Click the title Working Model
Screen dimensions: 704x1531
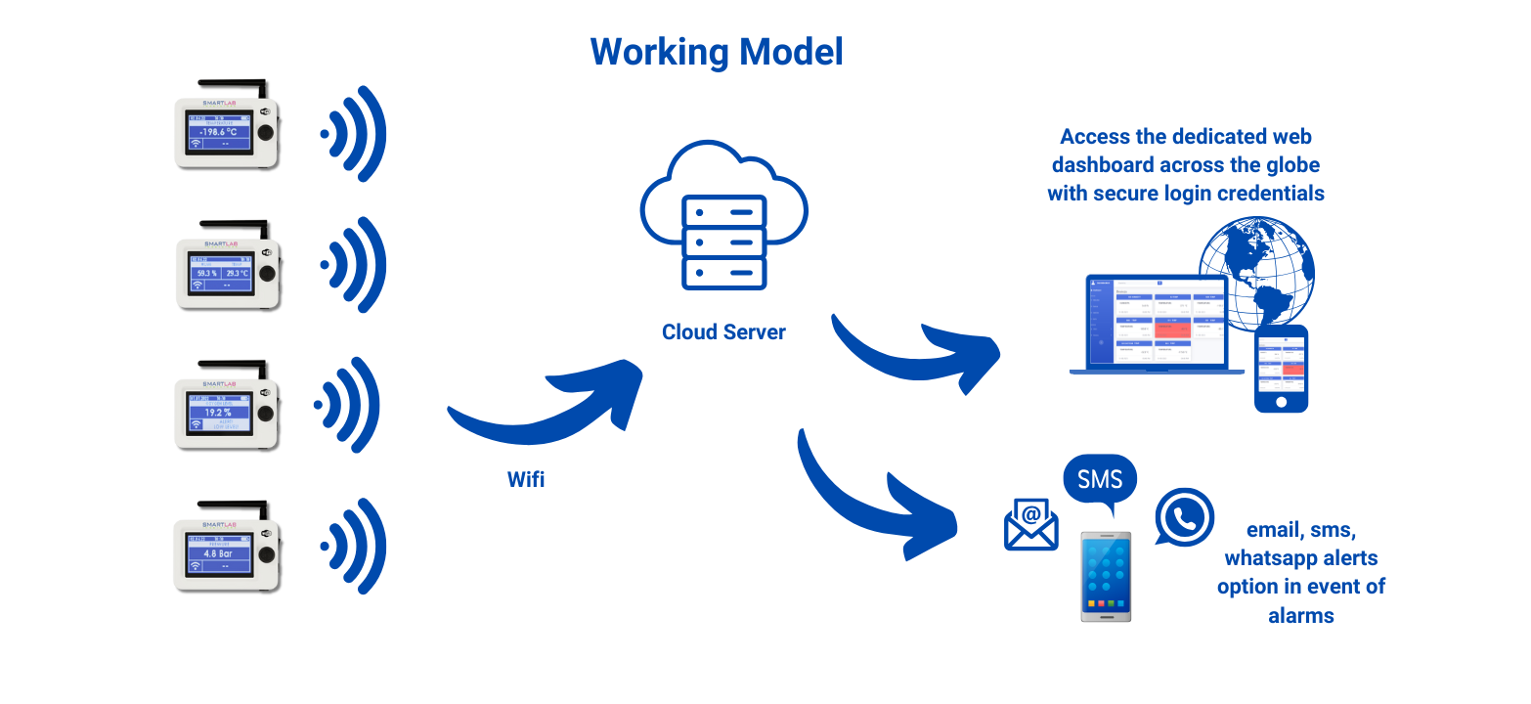717,51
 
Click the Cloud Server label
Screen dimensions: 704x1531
723,332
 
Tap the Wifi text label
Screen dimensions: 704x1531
526,479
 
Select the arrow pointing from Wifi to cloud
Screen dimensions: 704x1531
547,406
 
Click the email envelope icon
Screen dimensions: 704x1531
1031,524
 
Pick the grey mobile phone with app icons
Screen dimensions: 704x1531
1106,576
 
